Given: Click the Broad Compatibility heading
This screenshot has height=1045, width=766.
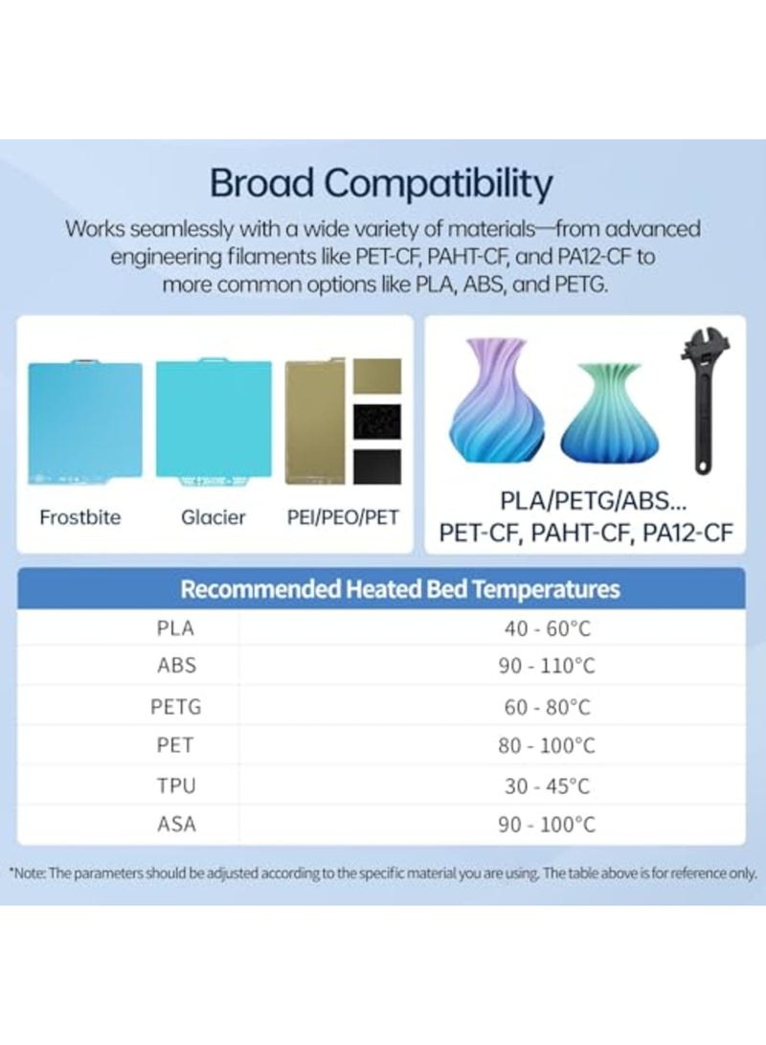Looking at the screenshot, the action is click(382, 183).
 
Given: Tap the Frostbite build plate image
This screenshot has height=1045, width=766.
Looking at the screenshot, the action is click(84, 421).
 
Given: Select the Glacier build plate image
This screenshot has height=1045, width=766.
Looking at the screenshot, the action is click(214, 421).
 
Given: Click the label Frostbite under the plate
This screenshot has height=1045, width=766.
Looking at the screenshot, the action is click(79, 517).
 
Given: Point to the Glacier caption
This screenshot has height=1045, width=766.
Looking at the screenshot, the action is click(214, 517).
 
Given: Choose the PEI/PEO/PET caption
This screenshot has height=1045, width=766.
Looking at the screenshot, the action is click(343, 517).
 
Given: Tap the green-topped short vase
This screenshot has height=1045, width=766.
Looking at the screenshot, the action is click(610, 413).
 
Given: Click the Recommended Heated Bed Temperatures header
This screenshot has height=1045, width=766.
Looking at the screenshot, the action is click(399, 589).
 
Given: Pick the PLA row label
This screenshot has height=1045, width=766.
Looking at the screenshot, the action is click(175, 627).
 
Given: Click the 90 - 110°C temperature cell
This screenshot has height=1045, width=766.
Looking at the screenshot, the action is click(546, 666).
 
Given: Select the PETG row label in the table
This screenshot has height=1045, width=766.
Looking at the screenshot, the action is click(176, 707).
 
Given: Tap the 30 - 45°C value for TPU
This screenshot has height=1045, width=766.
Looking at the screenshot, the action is click(547, 786).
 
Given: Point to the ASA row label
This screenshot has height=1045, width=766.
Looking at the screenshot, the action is click(176, 825).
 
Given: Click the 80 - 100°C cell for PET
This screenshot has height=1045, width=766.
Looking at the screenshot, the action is click(546, 746).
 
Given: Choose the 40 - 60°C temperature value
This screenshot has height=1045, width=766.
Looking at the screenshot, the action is click(547, 628).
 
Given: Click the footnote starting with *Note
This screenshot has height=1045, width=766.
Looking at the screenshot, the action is click(383, 873).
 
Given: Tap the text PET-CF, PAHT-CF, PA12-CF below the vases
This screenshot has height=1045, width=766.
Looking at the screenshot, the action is click(585, 534).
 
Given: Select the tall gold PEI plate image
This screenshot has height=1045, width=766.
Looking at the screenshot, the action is click(314, 421).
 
